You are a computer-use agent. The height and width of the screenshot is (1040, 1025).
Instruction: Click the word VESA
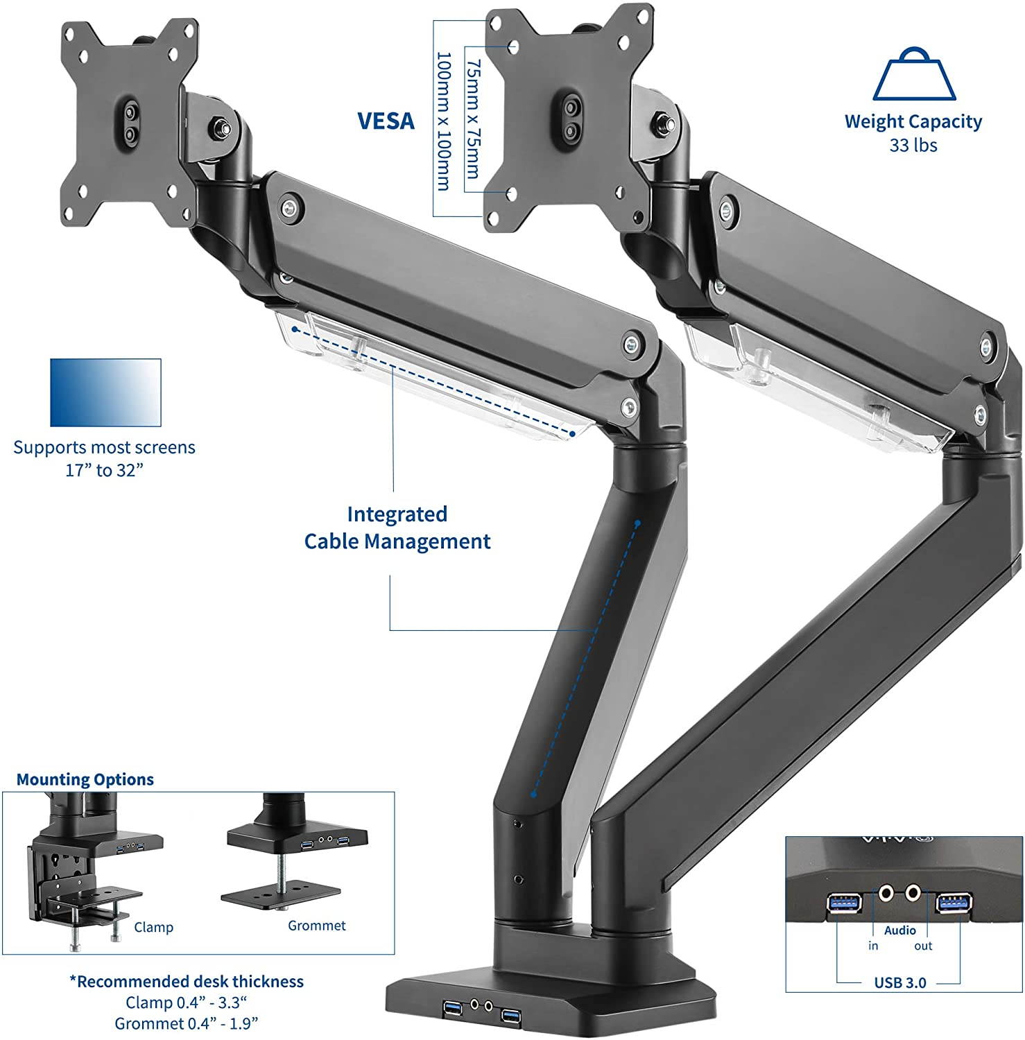386,121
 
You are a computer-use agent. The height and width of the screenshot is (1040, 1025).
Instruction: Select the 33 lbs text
913,146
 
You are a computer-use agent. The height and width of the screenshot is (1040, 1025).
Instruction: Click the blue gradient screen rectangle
105,392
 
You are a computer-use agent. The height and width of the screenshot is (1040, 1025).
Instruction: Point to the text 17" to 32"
104,471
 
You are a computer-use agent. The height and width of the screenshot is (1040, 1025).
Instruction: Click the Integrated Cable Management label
397,528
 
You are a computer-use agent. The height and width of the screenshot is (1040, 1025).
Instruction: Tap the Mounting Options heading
85,779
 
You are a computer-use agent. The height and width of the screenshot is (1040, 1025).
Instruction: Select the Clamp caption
153,927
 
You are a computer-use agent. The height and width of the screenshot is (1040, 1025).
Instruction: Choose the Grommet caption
316,925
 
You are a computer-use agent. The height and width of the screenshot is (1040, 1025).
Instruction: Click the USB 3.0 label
899,982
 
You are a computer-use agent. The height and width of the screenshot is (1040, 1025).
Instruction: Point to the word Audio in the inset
899,930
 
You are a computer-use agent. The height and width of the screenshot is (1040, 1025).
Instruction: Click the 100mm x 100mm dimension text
443,121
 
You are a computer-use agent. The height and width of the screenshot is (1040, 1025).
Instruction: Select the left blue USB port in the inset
845,903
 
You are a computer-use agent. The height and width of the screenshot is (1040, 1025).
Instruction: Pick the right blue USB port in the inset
954,903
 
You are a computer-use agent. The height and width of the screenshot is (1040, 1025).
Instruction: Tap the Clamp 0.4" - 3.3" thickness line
186,1003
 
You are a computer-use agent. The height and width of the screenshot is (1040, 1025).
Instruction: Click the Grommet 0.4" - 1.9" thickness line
186,1023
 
